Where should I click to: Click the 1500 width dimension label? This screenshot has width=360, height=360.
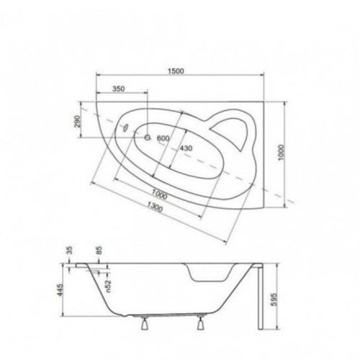point(176,71)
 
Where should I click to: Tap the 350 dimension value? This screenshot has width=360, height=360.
point(119,89)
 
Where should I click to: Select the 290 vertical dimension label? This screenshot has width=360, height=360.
point(77,122)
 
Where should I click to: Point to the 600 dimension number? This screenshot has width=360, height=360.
point(163,138)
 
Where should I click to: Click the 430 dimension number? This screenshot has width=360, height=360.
point(186,148)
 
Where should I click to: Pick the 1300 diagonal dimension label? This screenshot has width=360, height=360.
point(155,207)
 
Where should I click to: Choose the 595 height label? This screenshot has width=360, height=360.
point(274,299)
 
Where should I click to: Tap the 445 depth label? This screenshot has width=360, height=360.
point(60,290)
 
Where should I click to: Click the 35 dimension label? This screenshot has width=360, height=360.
point(69,251)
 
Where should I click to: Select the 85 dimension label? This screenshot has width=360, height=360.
point(99,251)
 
